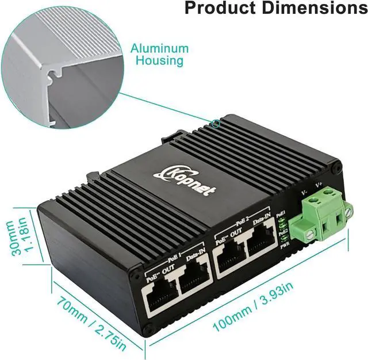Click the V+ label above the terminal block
tap(320, 185)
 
